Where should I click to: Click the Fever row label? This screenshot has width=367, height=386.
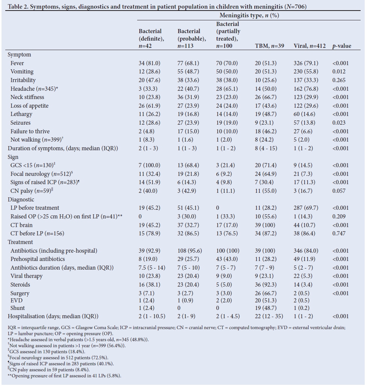coord(17,63)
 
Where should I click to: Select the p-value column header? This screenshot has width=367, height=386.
coord(341,46)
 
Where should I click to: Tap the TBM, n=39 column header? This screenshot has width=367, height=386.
coord(269,46)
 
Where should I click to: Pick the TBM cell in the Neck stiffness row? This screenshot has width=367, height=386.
coord(266,97)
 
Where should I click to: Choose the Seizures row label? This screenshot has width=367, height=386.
coord(20,123)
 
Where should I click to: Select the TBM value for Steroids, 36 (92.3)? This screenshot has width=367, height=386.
coord(266,285)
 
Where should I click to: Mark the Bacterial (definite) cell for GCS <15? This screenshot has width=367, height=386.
coord(149,165)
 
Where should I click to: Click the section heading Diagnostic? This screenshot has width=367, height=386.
coord(21,200)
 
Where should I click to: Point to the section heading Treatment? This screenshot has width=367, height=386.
coord(20,242)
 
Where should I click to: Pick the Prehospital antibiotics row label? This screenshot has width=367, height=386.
coord(37,259)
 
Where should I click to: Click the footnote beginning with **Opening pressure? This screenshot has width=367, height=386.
coord(64,375)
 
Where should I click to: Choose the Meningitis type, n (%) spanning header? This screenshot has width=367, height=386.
coord(249,15)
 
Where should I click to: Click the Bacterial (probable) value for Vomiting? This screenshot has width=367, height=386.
coord(188,72)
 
